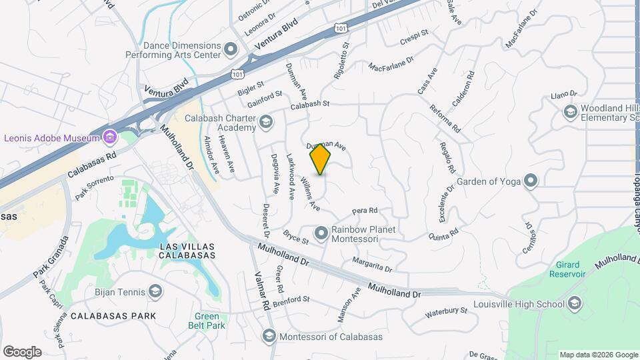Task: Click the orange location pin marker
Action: (321, 159)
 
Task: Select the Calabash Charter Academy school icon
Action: (266, 121)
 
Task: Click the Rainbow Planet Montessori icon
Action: (321, 233)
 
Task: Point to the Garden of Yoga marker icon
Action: (531, 180)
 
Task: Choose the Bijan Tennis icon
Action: (155, 291)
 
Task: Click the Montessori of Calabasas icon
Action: (269, 337)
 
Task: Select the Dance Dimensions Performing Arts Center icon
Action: (231, 49)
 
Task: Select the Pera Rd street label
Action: (365, 211)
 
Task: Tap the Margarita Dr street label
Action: (371, 263)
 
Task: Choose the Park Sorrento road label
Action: (95, 187)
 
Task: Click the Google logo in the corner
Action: (22, 351)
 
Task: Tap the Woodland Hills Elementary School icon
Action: (570, 113)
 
